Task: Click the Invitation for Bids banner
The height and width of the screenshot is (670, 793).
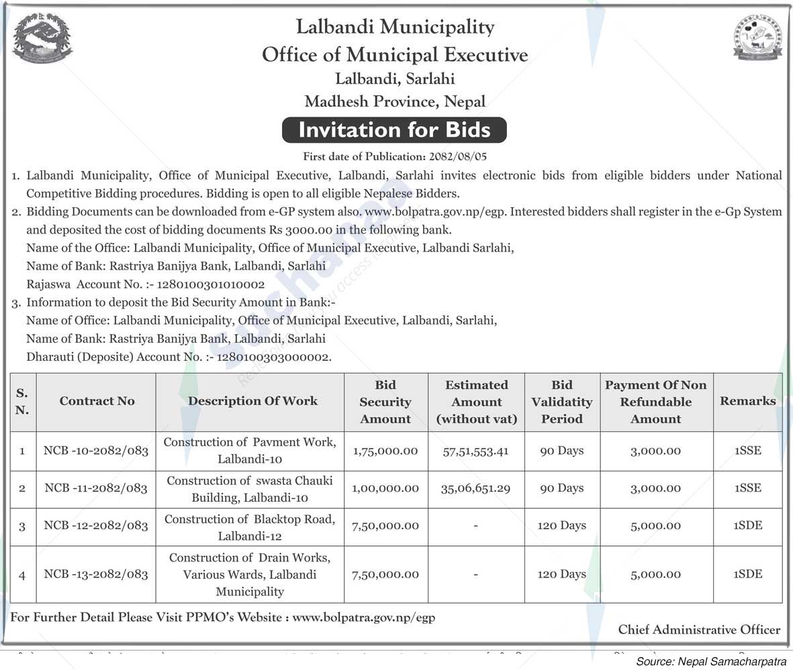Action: tap(394, 129)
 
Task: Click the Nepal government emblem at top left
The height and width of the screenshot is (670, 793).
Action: tap(42, 39)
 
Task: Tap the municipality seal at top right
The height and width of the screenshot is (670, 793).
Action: tap(757, 38)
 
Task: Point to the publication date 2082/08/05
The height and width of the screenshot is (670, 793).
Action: tap(457, 156)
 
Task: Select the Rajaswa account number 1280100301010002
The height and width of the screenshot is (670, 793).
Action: tap(207, 284)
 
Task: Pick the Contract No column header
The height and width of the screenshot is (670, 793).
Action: tap(97, 401)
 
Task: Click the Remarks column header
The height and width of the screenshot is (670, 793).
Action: tap(747, 401)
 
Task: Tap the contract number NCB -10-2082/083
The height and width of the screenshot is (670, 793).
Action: tap(96, 451)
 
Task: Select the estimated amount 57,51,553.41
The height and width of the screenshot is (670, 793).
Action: tap(475, 451)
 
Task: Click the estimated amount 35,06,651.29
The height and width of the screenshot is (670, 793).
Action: tap(475, 488)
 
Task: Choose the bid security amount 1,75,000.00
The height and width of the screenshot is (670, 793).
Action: tap(385, 451)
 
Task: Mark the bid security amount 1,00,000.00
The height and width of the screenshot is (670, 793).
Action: tap(385, 488)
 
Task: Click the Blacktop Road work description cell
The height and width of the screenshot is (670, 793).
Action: tap(250, 527)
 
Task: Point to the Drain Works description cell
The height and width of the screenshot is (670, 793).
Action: tap(250, 574)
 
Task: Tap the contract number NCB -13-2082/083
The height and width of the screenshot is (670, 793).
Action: tap(96, 574)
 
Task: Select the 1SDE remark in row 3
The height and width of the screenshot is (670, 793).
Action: tap(747, 526)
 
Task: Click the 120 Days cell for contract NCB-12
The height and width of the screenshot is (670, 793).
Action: tap(561, 526)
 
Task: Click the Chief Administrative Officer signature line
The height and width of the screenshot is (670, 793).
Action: tap(699, 630)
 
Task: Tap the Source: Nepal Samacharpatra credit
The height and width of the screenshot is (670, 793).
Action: tap(711, 662)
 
